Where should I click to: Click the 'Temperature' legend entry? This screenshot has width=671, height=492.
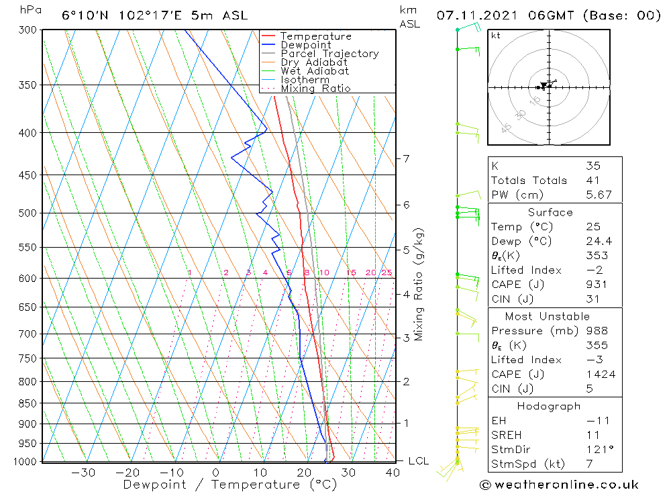315,36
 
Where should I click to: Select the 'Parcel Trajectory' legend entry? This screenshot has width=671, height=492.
329,54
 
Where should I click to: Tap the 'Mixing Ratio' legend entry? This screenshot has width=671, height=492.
315,89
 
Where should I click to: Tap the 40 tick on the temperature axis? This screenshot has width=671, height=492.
392,473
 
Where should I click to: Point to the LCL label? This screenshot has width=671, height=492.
418,461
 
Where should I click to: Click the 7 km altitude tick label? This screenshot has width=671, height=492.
406,158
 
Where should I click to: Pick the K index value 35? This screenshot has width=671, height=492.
592,166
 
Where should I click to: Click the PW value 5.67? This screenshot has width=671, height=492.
599,195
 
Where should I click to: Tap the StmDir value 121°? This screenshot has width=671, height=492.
597,450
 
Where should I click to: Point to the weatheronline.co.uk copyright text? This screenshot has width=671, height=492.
559,485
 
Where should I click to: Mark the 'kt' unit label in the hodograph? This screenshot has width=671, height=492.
496,36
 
